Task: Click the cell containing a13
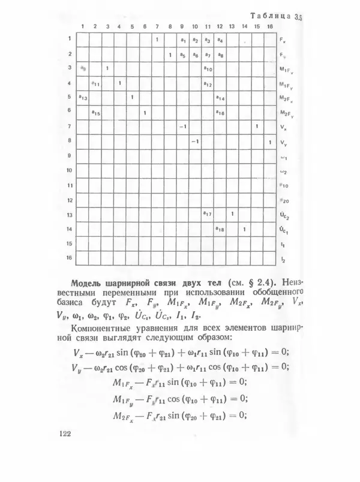point(83,98)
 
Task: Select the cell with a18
point(220,230)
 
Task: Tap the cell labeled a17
point(207,215)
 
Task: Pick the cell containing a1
point(182,41)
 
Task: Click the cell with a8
point(220,55)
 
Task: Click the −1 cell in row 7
point(182,127)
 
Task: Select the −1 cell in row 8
point(194,141)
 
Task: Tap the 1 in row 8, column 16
point(269,141)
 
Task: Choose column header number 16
point(269,26)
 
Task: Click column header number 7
point(157,26)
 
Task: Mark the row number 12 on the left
point(69,200)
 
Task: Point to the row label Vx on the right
point(283,127)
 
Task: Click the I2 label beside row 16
point(283,259)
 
